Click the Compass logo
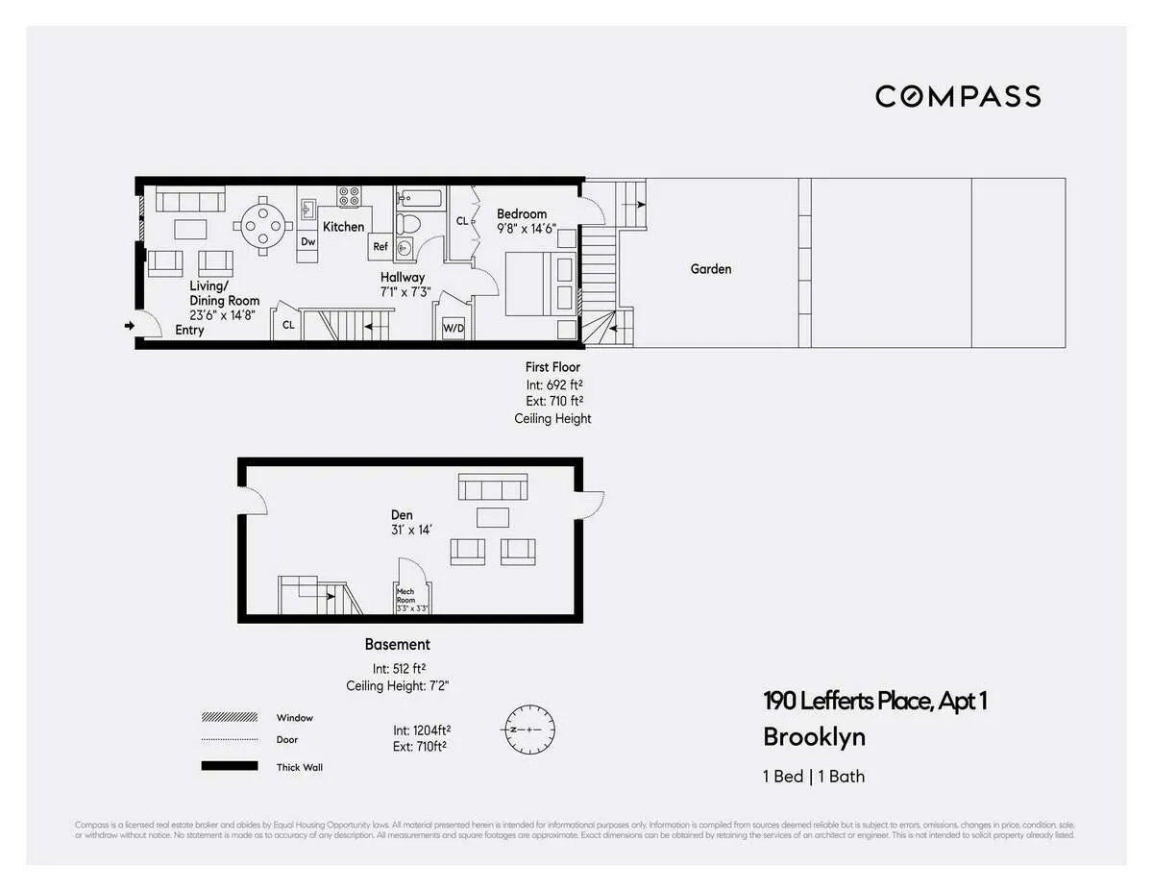pyautogui.click(x=957, y=96)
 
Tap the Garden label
pyautogui.click(x=711, y=269)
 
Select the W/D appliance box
pyautogui.click(x=453, y=328)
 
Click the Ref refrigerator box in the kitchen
pyautogui.click(x=380, y=247)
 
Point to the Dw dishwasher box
pyautogui.click(x=307, y=242)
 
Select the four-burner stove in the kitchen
pyautogui.click(x=349, y=196)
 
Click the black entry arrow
pyautogui.click(x=130, y=327)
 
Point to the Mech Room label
pyautogui.click(x=406, y=596)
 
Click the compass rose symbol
pyautogui.click(x=526, y=730)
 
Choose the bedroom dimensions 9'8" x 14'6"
pyautogui.click(x=526, y=230)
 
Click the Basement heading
pyautogui.click(x=397, y=644)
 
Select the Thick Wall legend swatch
pyautogui.click(x=230, y=766)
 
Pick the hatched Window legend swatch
pyautogui.click(x=230, y=717)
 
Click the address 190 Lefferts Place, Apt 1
pyautogui.click(x=874, y=701)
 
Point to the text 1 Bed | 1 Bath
pyautogui.click(x=814, y=776)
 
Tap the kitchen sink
pyautogui.click(x=309, y=209)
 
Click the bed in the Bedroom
pyautogui.click(x=538, y=283)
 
